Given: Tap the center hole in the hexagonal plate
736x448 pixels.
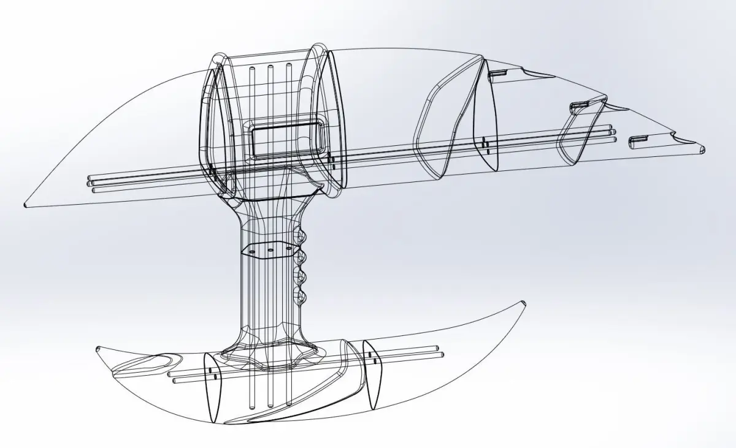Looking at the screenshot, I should (x=270, y=250).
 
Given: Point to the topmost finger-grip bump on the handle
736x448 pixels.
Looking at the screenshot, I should (x=301, y=235).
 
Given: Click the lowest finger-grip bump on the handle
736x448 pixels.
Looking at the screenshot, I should (x=301, y=298).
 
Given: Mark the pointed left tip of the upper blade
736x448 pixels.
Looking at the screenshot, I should (x=25, y=205).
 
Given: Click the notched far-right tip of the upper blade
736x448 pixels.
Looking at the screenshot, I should (x=702, y=148).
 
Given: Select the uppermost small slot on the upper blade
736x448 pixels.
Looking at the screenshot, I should (x=497, y=74).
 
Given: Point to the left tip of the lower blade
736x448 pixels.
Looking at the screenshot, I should (x=98, y=347).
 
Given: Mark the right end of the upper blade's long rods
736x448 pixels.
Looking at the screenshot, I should (x=613, y=135).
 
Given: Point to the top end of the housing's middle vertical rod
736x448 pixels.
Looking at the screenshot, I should (x=270, y=64).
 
